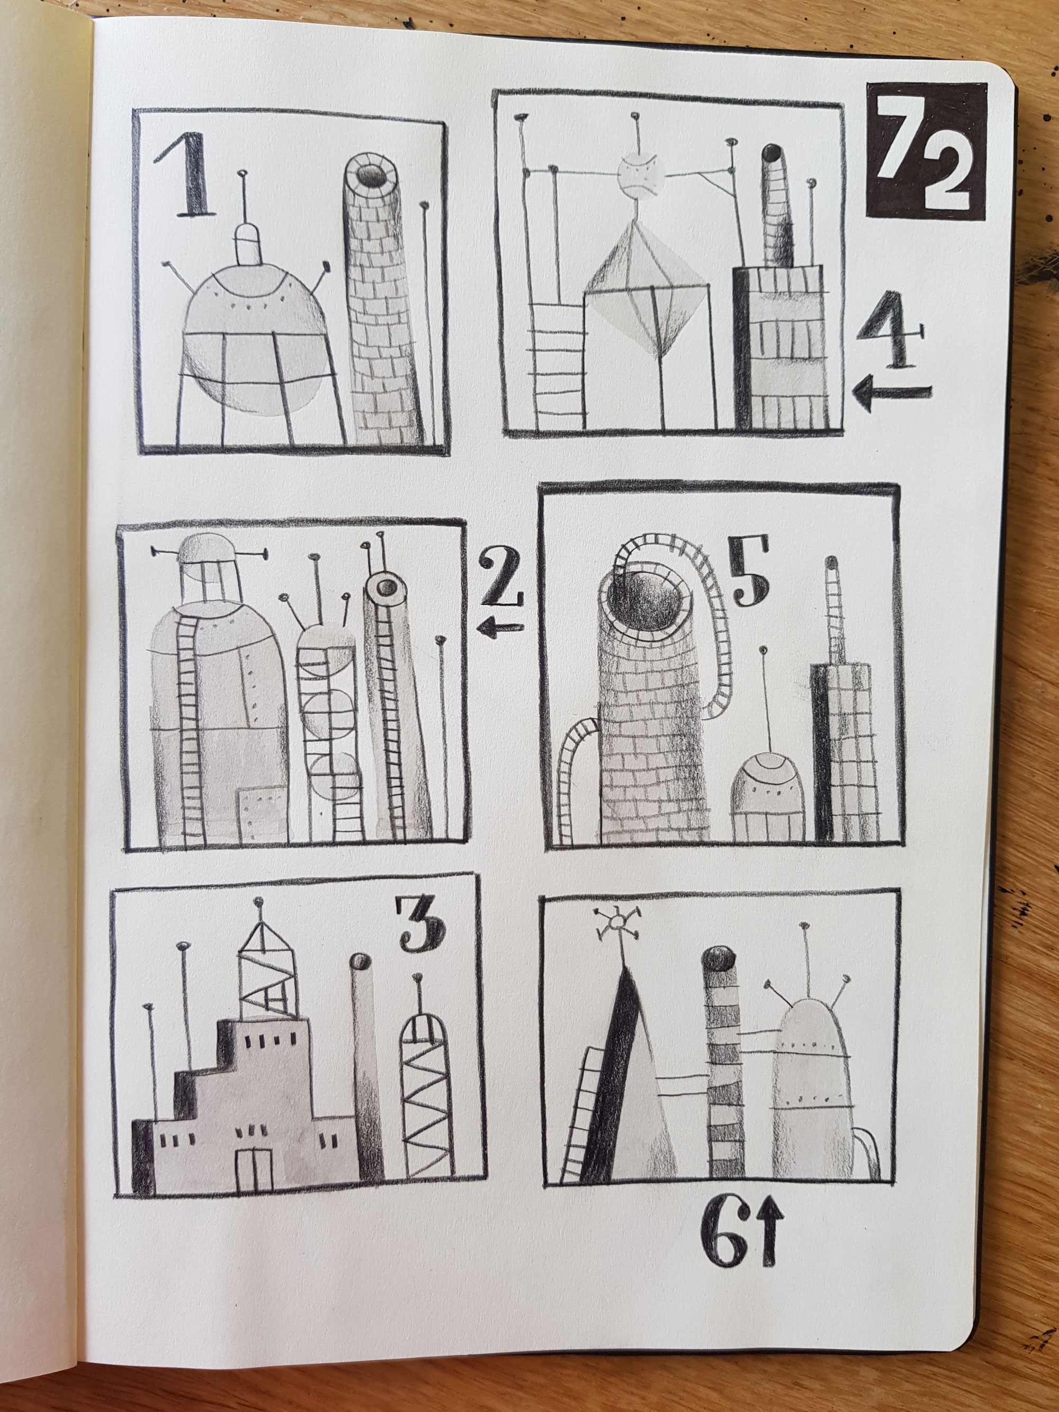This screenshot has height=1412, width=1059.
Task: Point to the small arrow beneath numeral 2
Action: tap(500, 629)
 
